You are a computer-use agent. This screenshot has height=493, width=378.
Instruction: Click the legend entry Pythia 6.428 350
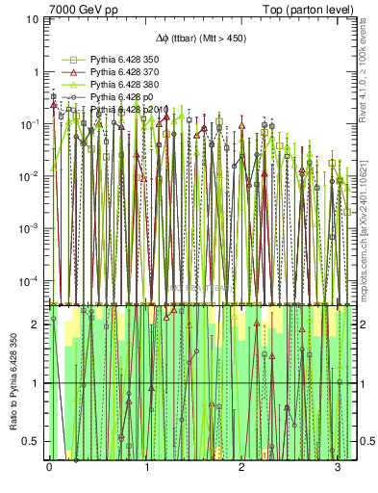113,61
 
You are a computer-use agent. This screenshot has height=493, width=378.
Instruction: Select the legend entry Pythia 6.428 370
113,73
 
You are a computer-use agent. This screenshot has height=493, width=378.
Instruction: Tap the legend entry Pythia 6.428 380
113,86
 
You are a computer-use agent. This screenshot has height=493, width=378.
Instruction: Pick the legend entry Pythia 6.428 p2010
116,111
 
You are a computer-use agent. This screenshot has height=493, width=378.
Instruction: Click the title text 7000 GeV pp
84,11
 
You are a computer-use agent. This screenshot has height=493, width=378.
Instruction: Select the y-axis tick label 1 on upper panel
37,72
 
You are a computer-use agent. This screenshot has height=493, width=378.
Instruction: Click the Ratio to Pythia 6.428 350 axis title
11,385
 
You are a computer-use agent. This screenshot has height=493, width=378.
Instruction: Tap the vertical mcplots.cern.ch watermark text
365,231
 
